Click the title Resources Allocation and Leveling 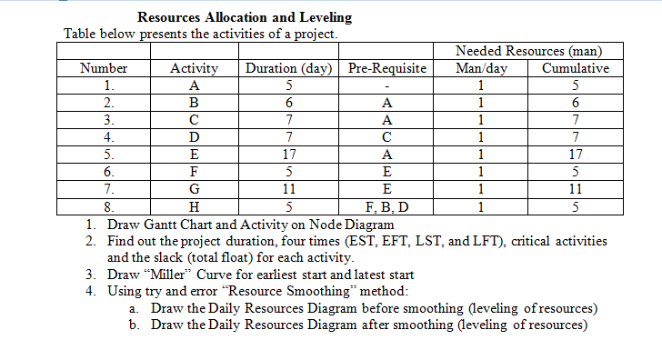245,17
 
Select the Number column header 104,68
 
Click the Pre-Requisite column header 387,68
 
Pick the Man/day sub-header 481,68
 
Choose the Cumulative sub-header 575,68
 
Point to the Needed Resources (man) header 528,52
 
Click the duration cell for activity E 288,155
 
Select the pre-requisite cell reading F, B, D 387,206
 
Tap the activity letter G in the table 194,190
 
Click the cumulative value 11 575,190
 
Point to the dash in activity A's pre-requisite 387,86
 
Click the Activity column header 194,68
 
